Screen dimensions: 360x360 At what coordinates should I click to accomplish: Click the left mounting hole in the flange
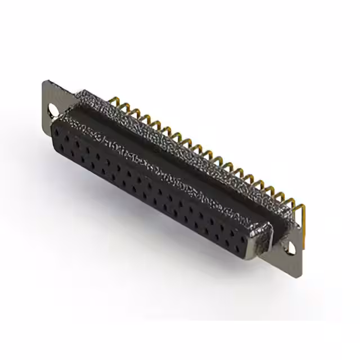click(x=54, y=109)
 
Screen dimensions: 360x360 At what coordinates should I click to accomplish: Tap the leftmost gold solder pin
click(x=117, y=102)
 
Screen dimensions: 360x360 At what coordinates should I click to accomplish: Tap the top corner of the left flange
click(x=45, y=82)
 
